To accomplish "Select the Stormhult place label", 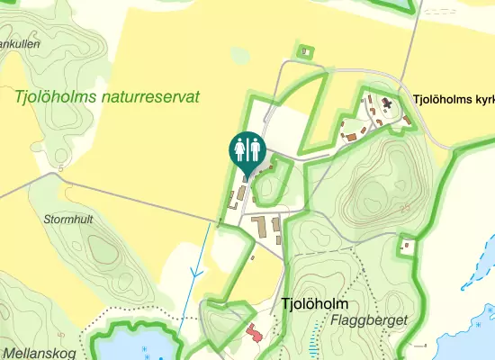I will [68, 219].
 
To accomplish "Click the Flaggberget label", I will [369, 320].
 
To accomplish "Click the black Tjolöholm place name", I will [314, 304].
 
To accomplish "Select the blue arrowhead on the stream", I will [194, 269].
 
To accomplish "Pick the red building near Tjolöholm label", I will [253, 332].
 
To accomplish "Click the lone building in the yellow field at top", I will [306, 52].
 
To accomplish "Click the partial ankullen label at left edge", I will [18, 43].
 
